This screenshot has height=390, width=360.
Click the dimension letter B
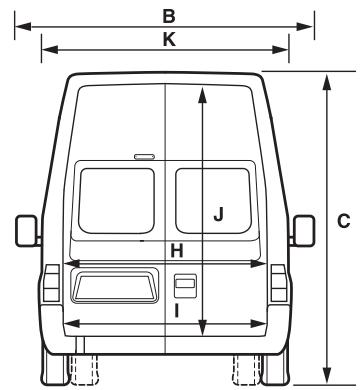[169, 15]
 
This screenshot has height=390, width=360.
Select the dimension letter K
[169, 39]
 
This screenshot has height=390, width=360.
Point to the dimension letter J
[218, 212]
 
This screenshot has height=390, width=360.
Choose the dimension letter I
[176, 310]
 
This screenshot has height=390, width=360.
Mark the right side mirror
[301, 230]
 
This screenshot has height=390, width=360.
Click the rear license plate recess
[114, 285]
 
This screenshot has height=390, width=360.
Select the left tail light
[50, 291]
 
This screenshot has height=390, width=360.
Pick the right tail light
[277, 291]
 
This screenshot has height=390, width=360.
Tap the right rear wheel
[247, 368]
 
